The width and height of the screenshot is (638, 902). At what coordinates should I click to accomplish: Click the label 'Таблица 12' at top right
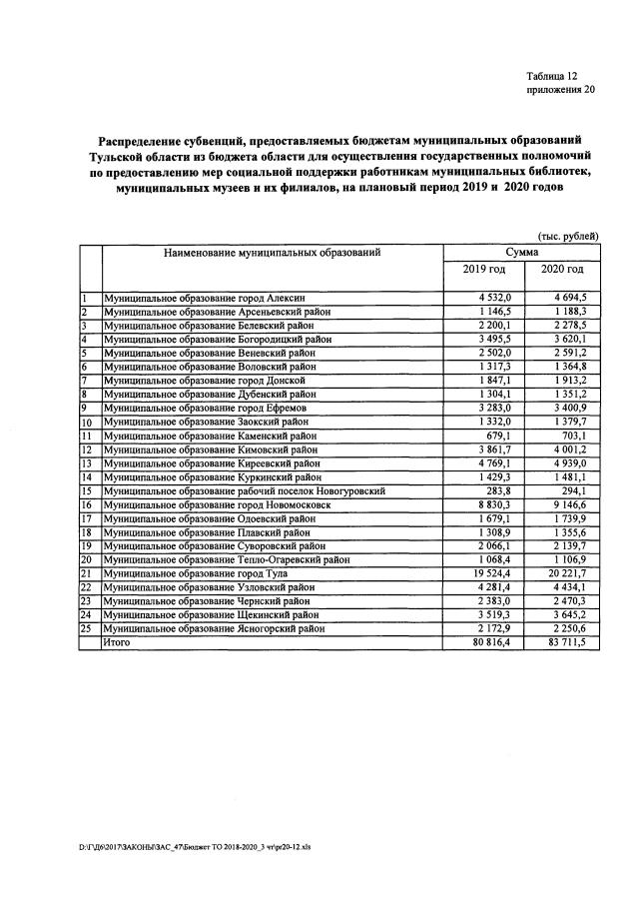click(x=551, y=76)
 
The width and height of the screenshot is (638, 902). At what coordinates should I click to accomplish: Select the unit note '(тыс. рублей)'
click(x=567, y=236)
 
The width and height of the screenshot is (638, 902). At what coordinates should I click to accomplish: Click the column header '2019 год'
click(x=484, y=270)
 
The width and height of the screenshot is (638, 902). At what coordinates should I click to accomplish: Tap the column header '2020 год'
click(x=562, y=270)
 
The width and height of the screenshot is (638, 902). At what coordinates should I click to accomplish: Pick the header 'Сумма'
click(x=523, y=253)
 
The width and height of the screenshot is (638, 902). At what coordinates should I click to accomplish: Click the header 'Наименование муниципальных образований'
click(x=274, y=253)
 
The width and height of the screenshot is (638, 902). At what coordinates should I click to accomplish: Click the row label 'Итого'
click(x=117, y=642)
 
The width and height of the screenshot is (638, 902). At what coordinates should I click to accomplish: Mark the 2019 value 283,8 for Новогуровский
click(x=496, y=491)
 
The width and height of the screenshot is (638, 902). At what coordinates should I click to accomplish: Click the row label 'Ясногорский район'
click(x=215, y=628)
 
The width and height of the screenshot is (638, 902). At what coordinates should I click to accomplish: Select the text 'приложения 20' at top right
click(x=560, y=90)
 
